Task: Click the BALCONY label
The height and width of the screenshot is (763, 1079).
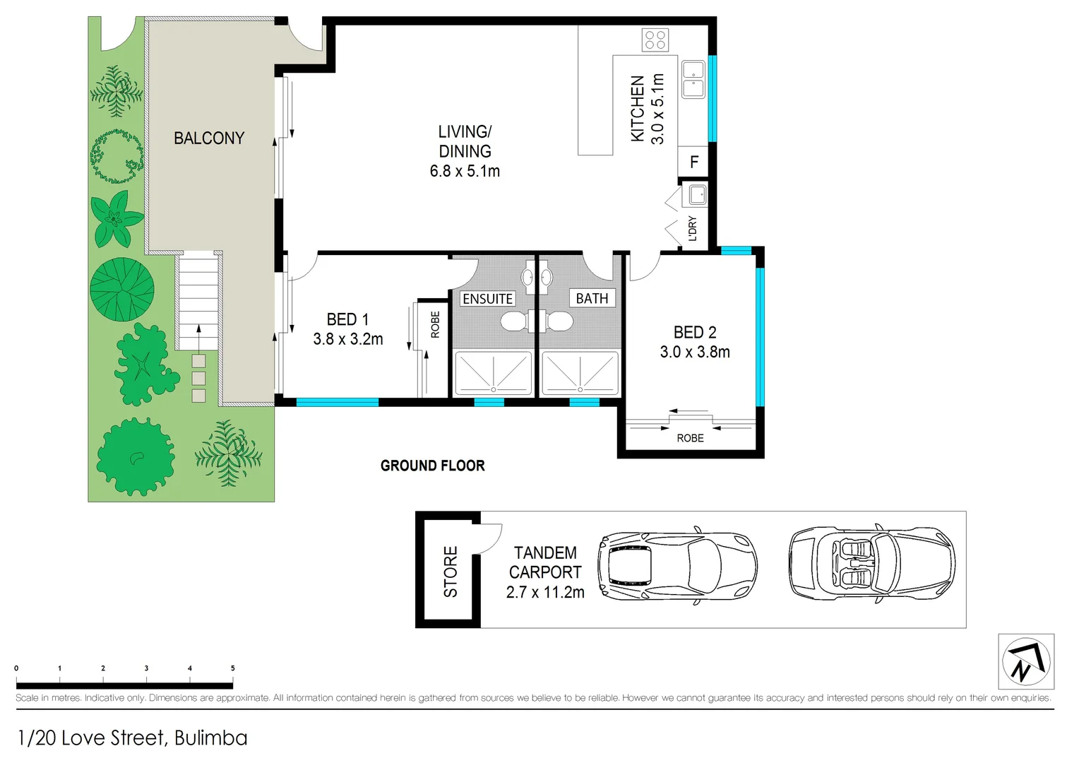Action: [x=209, y=138]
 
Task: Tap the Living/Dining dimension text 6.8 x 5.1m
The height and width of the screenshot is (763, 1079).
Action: [x=465, y=171]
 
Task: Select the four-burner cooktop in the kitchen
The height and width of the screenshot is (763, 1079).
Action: [x=655, y=40]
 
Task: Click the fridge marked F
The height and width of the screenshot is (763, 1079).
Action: [x=694, y=162]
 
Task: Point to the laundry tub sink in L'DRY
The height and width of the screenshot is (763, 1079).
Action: [x=698, y=194]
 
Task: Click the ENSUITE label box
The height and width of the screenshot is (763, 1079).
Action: [x=488, y=299]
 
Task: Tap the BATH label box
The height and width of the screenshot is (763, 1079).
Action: [x=592, y=299]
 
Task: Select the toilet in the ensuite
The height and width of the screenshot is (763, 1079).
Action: [x=513, y=322]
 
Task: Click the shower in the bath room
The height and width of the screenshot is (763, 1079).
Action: [x=580, y=373]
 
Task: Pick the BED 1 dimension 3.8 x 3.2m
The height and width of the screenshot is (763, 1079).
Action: [x=348, y=339]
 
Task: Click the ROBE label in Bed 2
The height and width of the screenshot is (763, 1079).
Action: [x=690, y=438]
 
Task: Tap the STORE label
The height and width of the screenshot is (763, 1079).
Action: [x=451, y=572]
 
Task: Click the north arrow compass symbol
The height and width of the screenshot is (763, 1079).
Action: [x=1026, y=662]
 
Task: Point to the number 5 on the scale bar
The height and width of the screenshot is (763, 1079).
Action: [x=232, y=668]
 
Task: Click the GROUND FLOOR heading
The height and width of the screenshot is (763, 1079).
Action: [x=432, y=466]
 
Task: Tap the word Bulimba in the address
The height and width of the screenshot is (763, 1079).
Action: [x=210, y=738]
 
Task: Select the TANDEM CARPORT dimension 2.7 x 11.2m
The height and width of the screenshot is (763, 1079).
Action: [x=545, y=593]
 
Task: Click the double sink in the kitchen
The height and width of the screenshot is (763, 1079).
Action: [x=693, y=79]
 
